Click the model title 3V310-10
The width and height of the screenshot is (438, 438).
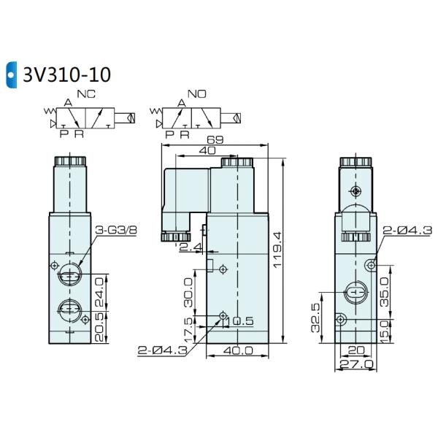[66, 74]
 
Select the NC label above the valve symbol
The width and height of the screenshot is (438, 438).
[91, 95]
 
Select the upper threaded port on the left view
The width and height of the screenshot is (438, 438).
[68, 275]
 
